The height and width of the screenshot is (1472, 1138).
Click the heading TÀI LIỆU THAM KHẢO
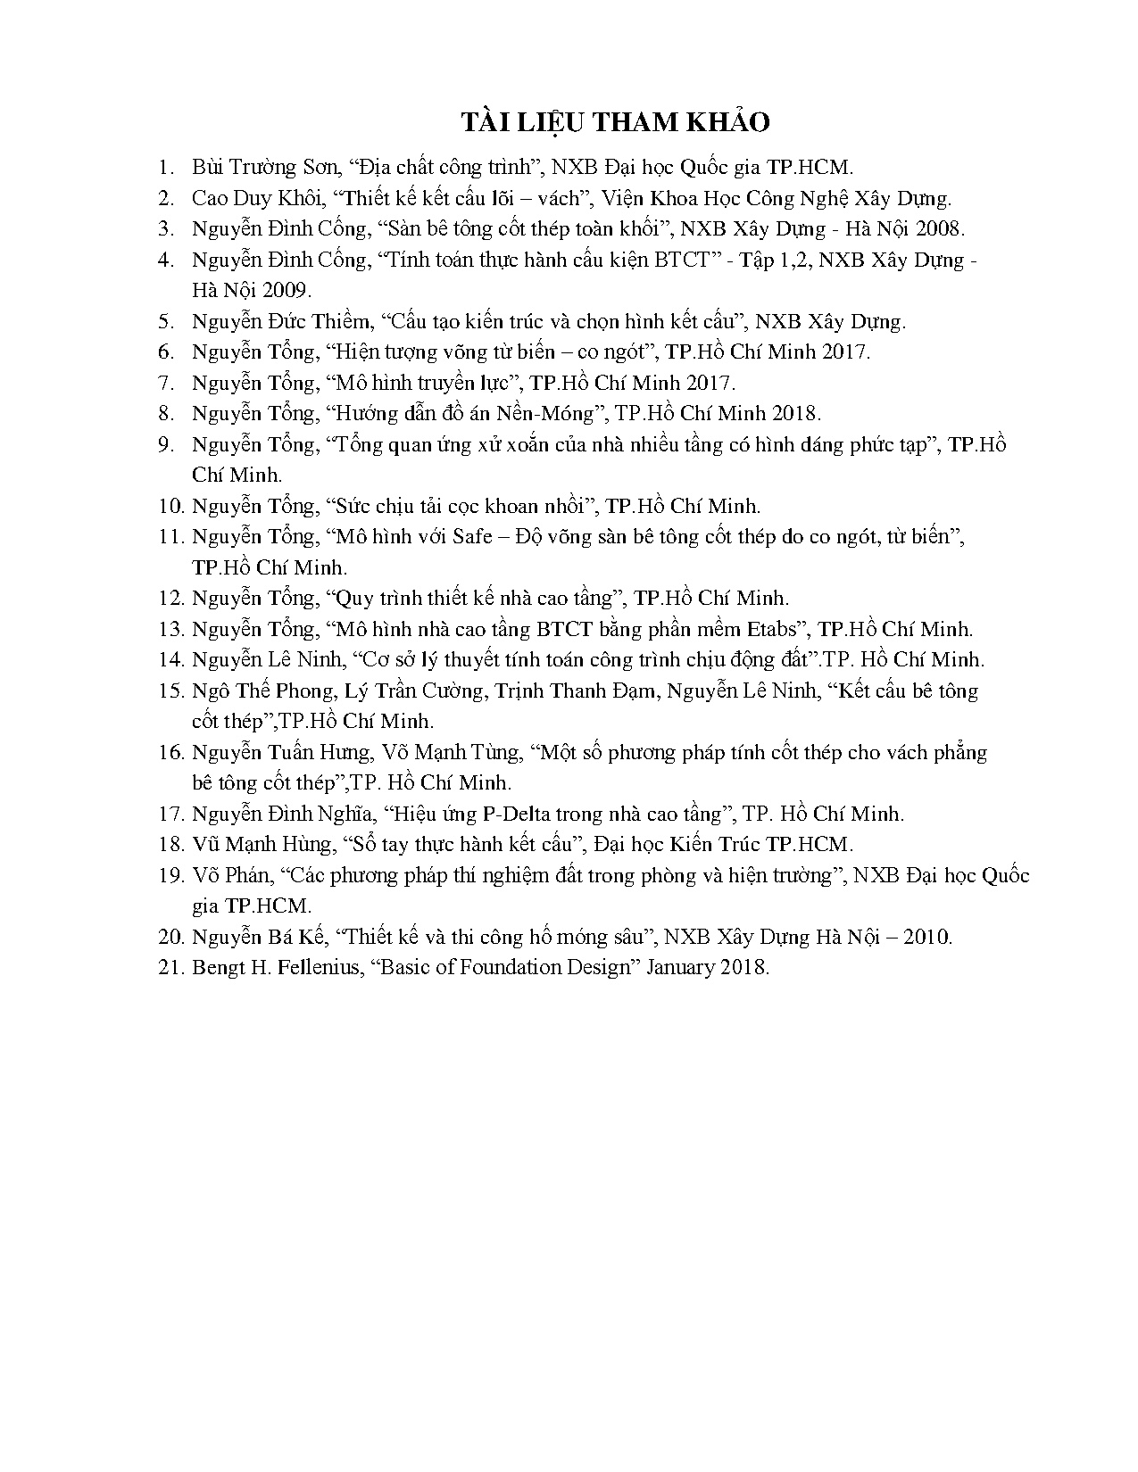(615, 122)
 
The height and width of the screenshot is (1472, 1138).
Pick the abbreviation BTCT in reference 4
(680, 260)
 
